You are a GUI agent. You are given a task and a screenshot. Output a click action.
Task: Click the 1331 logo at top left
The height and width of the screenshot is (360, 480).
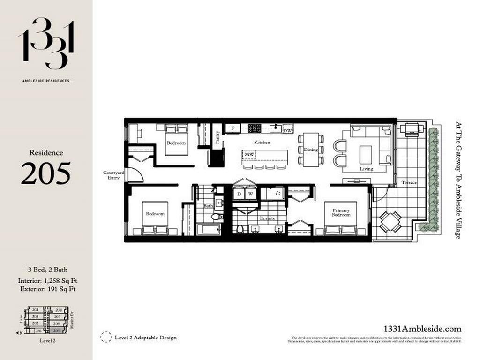point(46,43)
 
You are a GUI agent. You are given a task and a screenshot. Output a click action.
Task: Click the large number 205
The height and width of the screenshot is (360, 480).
point(46,173)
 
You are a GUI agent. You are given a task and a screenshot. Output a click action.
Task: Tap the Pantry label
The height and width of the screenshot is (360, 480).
point(217,136)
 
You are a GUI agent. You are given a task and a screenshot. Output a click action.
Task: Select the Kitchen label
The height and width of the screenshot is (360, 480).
point(262,142)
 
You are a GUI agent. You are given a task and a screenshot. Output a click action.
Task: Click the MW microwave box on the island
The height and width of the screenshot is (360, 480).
point(249,154)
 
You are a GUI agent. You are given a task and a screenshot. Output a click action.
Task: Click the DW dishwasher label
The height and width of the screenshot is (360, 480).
point(288,131)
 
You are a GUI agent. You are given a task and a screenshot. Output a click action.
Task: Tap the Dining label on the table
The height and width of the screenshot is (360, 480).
point(310,150)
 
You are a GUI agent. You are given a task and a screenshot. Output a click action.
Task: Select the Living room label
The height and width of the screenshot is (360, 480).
point(366,168)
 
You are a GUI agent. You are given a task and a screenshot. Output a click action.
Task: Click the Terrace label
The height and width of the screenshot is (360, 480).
point(409,182)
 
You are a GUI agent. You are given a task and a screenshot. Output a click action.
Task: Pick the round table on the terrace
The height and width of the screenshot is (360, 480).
point(390,221)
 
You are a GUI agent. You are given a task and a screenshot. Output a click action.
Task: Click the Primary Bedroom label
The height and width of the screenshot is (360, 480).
point(341,212)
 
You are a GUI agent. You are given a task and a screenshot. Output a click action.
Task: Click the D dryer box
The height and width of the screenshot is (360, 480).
point(239,194)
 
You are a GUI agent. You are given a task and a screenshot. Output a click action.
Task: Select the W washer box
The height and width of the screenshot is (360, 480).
point(250,194)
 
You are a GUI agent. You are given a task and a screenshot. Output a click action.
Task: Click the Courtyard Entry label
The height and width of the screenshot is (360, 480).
point(113,175)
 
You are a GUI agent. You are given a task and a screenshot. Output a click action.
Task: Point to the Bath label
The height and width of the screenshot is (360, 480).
point(208,206)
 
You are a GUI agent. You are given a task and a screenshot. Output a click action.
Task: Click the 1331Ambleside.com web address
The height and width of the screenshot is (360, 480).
point(422,329)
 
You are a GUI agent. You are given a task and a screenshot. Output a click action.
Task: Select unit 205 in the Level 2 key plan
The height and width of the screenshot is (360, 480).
point(56,330)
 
